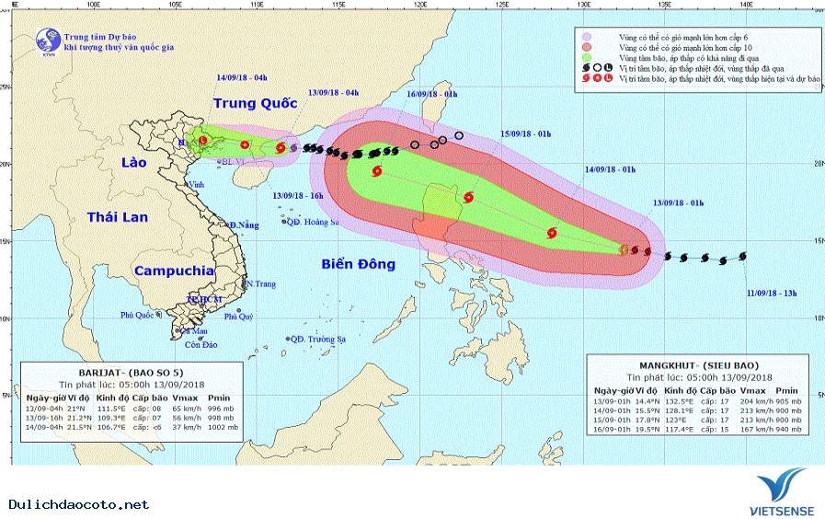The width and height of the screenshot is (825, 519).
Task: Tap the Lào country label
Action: pyautogui.click(x=135, y=162)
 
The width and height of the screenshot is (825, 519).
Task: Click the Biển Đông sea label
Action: pyautogui.click(x=358, y=264)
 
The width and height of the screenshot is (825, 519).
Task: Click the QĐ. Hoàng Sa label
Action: pyautogui.click(x=313, y=222)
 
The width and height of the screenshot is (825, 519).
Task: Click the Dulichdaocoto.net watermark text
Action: pyautogui.click(x=78, y=504)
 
